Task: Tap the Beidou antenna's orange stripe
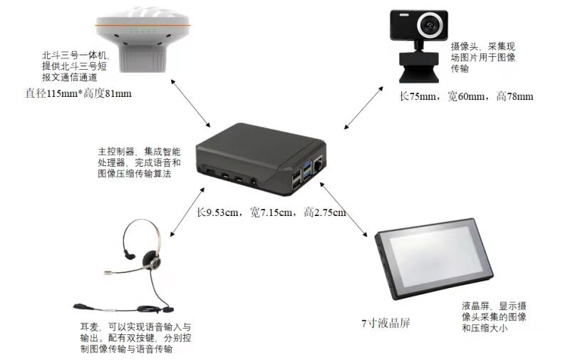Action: [142, 25]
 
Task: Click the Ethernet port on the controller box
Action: [318, 163]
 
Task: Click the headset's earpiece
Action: [152, 259]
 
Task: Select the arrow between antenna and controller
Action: [190, 103]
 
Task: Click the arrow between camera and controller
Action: [363, 108]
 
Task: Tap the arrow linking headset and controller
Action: [187, 212]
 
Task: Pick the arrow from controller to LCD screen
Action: [343, 210]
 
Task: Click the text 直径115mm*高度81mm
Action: [78, 94]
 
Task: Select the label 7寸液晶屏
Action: [385, 323]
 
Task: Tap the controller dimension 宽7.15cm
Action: [271, 212]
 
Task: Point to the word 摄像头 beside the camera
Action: [465, 46]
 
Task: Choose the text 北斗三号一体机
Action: [74, 56]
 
